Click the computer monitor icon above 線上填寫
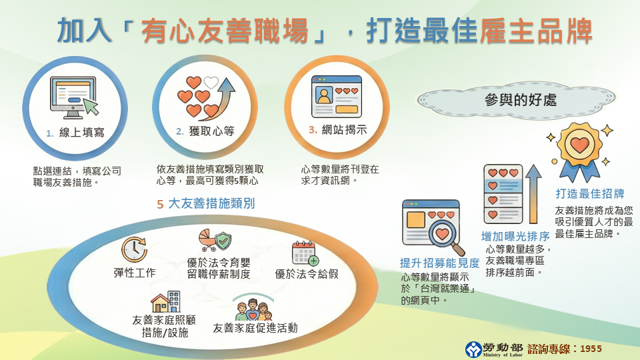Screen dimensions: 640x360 (x=74, y=97)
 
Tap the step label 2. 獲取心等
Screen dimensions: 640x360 (x=205, y=131)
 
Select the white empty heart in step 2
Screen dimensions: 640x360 (x=211, y=83)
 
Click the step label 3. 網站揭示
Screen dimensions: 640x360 (x=338, y=130)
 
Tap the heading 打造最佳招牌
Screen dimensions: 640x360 (x=590, y=193)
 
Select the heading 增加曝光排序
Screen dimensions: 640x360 (x=515, y=236)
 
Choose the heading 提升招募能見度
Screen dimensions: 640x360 (x=439, y=263)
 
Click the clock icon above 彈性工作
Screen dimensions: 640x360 (x=134, y=249)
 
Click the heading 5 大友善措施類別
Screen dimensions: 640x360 (x=206, y=203)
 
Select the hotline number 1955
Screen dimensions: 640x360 (x=591, y=349)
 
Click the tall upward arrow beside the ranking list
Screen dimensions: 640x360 (x=533, y=194)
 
